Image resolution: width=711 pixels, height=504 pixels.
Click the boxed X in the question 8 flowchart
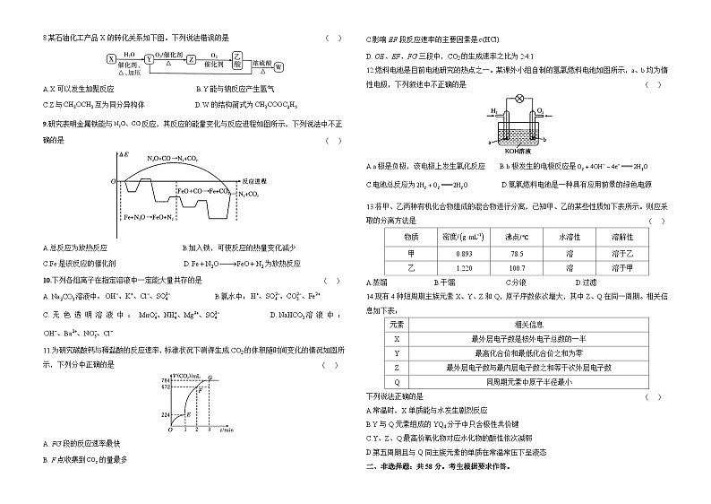coord(111,58)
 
